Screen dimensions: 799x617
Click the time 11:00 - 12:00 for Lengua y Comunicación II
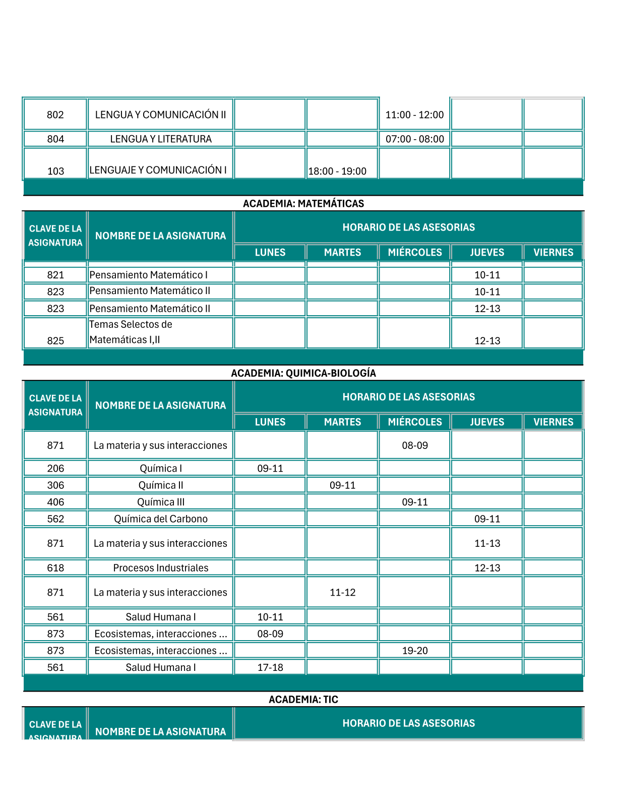pyautogui.click(x=414, y=115)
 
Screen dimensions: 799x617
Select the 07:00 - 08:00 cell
pyautogui.click(x=414, y=139)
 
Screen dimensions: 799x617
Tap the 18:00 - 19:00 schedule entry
pyautogui.click(x=337, y=172)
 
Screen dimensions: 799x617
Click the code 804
pyautogui.click(x=55, y=139)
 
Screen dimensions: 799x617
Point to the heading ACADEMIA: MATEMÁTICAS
pyautogui.click(x=303, y=204)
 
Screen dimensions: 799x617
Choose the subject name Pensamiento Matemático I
pyautogui.click(x=149, y=275)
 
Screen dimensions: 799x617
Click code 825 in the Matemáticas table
pyautogui.click(x=55, y=341)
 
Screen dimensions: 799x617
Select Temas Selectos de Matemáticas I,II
pyautogui.click(x=131, y=332)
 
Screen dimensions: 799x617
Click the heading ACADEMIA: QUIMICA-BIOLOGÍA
pyautogui.click(x=303, y=373)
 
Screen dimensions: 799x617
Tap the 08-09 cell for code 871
pyautogui.click(x=414, y=445)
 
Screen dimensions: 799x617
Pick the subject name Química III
pyautogui.click(x=161, y=502)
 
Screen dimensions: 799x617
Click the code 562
pyautogui.click(x=55, y=519)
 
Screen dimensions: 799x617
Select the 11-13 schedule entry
pyautogui.click(x=487, y=543)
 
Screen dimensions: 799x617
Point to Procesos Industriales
pyautogui.click(x=161, y=568)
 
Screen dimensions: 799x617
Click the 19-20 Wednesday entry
pyautogui.click(x=414, y=651)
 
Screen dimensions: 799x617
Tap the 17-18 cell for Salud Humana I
pyautogui.click(x=270, y=667)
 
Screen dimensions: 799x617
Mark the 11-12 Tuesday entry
pyautogui.click(x=342, y=593)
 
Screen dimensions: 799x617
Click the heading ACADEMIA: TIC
pyautogui.click(x=303, y=700)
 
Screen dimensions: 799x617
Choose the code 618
pyautogui.click(x=55, y=568)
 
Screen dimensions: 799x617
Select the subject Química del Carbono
pyautogui.click(x=161, y=519)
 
